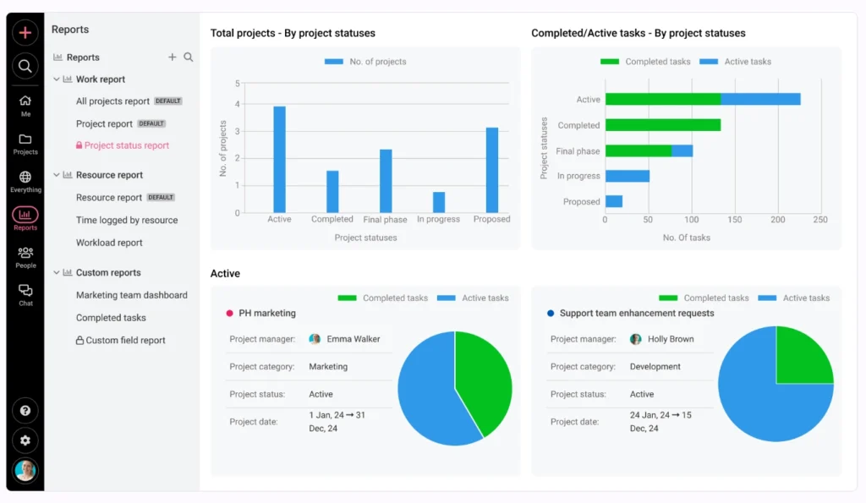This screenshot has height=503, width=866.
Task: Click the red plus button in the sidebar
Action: tap(25, 33)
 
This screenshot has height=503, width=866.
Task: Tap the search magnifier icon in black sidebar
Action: tap(25, 66)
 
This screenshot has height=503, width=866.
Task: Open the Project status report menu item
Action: tap(126, 145)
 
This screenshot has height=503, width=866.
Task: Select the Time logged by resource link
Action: tap(127, 220)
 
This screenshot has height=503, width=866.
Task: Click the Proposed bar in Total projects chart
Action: tap(491, 170)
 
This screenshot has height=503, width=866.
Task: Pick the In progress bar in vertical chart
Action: tap(438, 202)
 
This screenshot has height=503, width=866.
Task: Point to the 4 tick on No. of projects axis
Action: tap(238, 105)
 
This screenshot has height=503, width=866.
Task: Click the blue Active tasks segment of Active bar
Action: tap(760, 99)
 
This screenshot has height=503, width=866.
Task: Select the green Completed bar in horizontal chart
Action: tap(663, 125)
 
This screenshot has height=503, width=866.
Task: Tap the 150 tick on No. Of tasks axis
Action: tap(734, 220)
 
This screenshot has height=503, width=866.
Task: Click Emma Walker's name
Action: tap(353, 339)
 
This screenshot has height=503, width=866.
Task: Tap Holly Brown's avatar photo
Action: tap(636, 339)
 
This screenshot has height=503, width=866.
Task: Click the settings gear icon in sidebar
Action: tap(25, 440)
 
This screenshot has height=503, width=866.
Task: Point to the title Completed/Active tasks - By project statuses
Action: tap(638, 34)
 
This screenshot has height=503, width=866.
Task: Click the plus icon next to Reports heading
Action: tap(173, 57)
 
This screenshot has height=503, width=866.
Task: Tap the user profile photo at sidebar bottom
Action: tap(25, 471)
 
